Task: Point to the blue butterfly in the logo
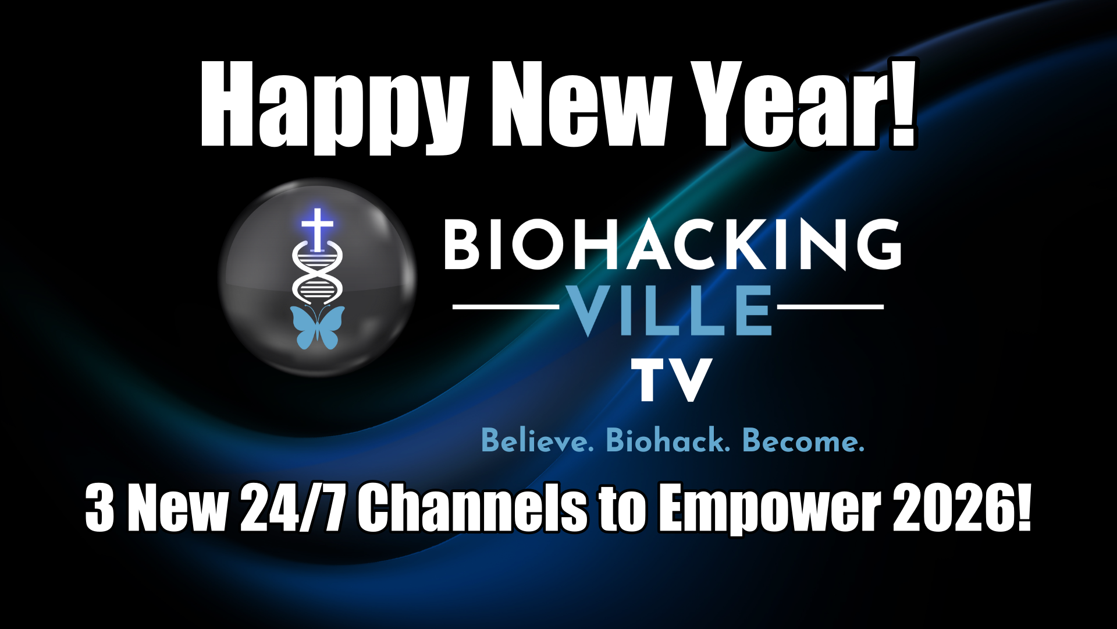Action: [x=317, y=327]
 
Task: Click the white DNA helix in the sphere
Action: [x=317, y=274]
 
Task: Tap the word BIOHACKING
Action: [x=673, y=245]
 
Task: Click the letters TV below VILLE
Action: [x=672, y=380]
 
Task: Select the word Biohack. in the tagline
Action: [x=668, y=441]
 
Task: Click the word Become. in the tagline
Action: [x=803, y=441]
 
